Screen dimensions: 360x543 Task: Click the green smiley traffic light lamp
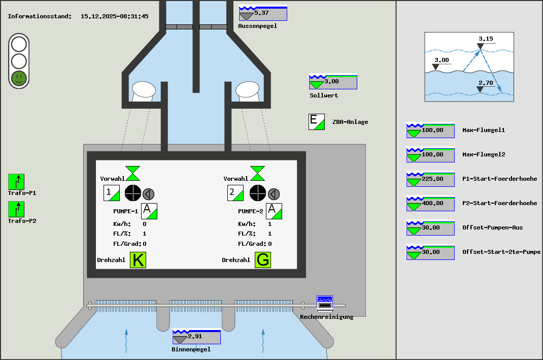coord(19,78)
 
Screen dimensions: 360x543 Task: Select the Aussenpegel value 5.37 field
coord(263,13)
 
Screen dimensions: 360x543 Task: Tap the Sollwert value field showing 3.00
coord(333,82)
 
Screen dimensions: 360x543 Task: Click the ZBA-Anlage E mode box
coord(317,122)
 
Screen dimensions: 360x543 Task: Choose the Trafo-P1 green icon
coord(16,182)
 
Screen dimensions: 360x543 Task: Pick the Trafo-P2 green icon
coord(16,209)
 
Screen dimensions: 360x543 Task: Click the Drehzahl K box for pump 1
coord(138,259)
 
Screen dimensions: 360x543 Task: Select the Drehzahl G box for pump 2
coord(263,259)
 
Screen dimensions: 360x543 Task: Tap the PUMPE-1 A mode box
coord(149,211)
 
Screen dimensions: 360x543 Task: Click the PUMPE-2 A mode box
coord(274,211)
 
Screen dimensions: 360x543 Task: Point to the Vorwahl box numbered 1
coord(112,193)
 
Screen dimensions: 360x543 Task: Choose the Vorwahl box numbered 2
coord(235,193)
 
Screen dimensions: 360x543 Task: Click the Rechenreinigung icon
coord(324,304)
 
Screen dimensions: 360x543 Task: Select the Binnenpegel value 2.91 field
coord(196,337)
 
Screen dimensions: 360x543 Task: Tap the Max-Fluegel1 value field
coord(430,130)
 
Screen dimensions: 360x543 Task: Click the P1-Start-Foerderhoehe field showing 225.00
coord(430,179)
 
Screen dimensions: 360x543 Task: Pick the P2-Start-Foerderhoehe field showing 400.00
coord(430,204)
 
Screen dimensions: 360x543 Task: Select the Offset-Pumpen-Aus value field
coord(430,228)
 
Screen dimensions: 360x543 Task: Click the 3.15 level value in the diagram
coord(486,39)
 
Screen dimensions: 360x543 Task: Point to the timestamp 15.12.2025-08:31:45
coord(115,16)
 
